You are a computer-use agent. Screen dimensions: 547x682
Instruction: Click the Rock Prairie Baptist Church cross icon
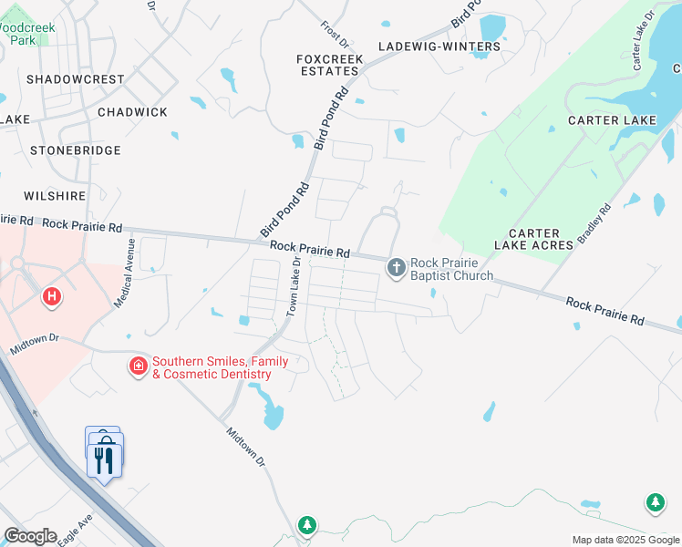pos(396,268)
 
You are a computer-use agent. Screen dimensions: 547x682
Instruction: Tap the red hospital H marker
pos(52,296)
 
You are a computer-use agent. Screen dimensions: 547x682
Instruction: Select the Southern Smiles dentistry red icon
pos(138,366)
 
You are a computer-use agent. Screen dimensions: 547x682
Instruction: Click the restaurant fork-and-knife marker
pos(105,459)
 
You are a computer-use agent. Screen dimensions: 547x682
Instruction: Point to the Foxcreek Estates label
pos(330,65)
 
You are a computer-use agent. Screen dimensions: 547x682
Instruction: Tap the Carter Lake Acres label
pos(534,239)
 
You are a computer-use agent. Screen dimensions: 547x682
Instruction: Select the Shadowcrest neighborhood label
pos(75,79)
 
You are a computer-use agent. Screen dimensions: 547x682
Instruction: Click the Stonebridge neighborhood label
pos(76,150)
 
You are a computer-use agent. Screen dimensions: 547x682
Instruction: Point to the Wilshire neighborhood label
pos(57,195)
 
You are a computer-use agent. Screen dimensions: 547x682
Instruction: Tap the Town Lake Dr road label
pos(294,285)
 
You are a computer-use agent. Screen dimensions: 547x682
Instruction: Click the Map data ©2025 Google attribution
pos(625,540)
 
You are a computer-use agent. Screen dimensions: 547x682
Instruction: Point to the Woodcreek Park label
pos(27,34)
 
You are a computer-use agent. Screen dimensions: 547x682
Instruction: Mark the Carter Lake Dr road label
pos(644,41)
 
